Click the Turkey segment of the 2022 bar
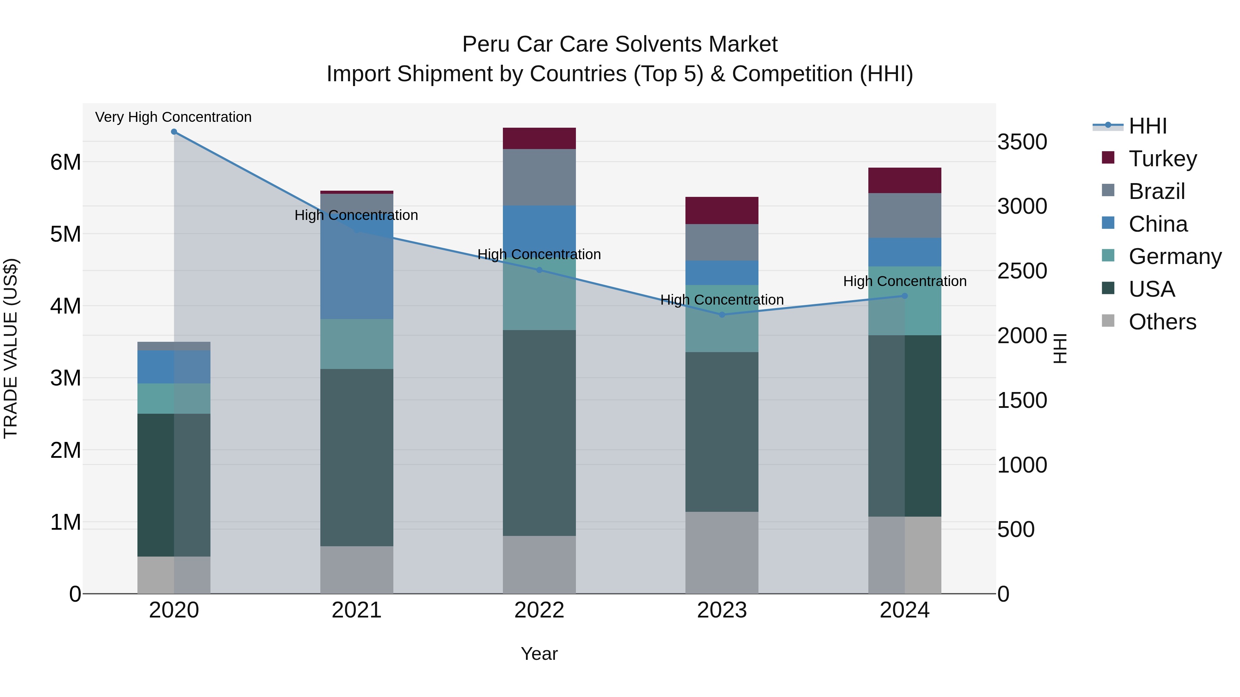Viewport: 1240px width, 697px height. coord(539,138)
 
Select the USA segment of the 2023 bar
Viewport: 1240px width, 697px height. coord(722,432)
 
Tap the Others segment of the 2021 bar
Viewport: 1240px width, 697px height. coord(357,570)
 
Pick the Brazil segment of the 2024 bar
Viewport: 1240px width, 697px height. coord(905,215)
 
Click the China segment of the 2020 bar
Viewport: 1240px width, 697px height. coord(174,367)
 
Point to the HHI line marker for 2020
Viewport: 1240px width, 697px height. coord(174,132)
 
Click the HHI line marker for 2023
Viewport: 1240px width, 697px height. coord(722,315)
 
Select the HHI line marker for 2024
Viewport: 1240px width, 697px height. coord(905,296)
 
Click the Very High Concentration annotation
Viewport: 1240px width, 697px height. coord(173,117)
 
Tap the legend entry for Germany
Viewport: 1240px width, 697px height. coord(1175,256)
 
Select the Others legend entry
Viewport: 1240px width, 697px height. coord(1162,322)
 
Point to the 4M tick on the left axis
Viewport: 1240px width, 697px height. coord(65,306)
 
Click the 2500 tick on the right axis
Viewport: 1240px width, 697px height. coord(1022,271)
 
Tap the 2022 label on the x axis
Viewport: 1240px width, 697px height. coord(539,610)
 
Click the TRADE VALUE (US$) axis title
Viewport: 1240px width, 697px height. coord(11,348)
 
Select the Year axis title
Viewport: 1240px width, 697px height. coord(539,654)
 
